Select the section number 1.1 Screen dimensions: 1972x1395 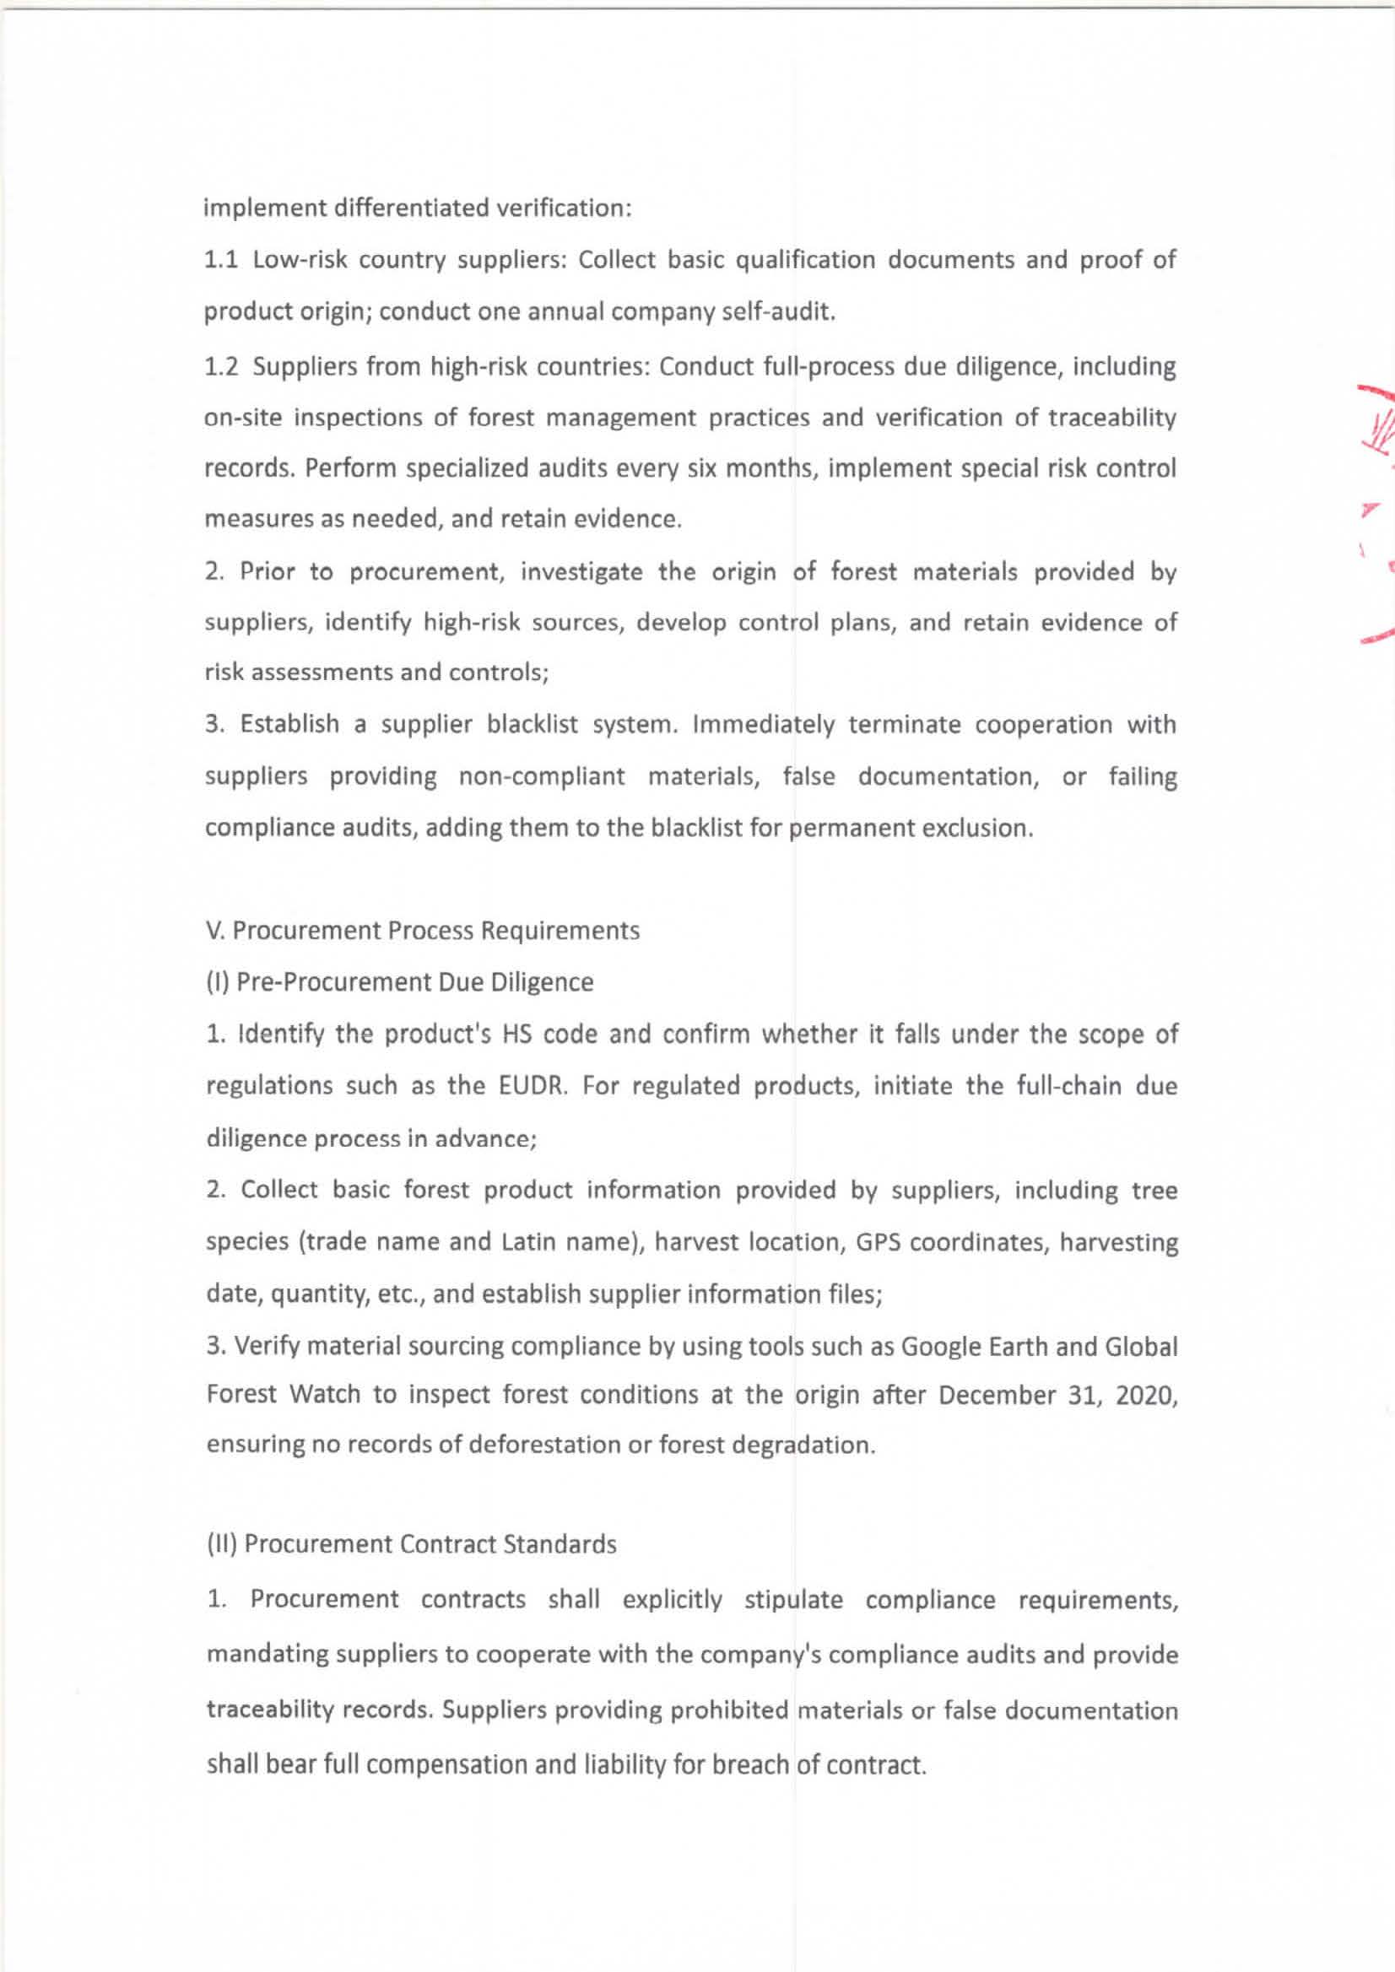(x=221, y=259)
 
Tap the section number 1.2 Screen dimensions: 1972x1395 (x=221, y=367)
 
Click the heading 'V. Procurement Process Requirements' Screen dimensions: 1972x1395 (x=424, y=930)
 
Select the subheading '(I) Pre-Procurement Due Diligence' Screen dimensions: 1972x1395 (x=399, y=981)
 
